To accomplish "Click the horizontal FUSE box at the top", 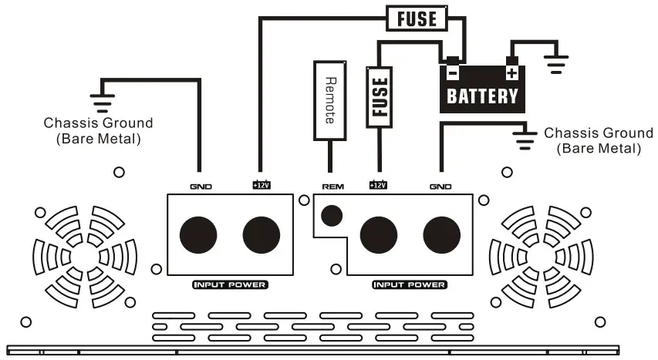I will pyautogui.click(x=417, y=18).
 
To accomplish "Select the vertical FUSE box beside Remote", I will pyautogui.click(x=379, y=95).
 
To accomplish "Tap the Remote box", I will pyautogui.click(x=330, y=101).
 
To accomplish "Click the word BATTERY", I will pyautogui.click(x=483, y=96).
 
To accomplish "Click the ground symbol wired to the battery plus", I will pyautogui.click(x=555, y=63).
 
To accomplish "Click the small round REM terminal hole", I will pyautogui.click(x=332, y=215).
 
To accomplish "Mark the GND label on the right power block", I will pyautogui.click(x=440, y=186).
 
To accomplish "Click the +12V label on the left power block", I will pyautogui.click(x=261, y=185).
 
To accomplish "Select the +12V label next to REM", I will pyautogui.click(x=378, y=185).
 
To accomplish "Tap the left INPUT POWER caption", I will pyautogui.click(x=230, y=285).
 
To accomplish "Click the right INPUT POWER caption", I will pyautogui.click(x=409, y=285).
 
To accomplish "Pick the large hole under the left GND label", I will pyautogui.click(x=198, y=236).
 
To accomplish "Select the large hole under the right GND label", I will pyautogui.click(x=441, y=236).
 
